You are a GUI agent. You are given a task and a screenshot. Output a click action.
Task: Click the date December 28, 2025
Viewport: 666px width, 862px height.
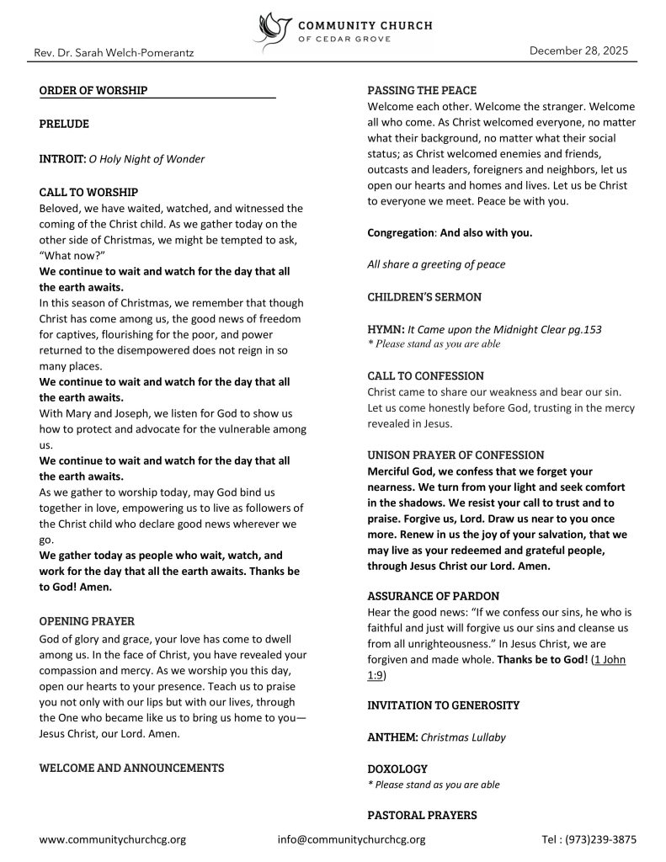click(578, 51)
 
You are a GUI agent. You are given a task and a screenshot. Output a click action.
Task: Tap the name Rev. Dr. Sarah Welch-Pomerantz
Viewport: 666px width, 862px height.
click(114, 53)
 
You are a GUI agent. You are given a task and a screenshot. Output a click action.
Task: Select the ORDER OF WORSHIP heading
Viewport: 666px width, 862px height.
click(93, 90)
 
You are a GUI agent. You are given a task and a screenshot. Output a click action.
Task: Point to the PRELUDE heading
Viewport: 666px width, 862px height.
click(64, 124)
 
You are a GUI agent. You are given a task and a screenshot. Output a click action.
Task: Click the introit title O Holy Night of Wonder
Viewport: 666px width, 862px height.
click(147, 158)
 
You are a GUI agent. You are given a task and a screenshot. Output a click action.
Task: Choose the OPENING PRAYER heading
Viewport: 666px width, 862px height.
click(87, 621)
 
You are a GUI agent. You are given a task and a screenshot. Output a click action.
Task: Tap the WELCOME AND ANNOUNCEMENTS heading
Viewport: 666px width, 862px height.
click(131, 768)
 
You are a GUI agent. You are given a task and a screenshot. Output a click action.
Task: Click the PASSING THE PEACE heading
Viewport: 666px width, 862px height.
click(422, 90)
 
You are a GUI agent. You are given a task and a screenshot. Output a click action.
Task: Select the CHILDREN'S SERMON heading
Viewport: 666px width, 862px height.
click(424, 297)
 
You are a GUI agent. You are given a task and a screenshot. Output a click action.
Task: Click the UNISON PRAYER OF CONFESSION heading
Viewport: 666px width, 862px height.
click(456, 455)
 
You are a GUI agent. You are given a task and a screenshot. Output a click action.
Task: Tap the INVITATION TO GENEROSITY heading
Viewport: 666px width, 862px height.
click(444, 705)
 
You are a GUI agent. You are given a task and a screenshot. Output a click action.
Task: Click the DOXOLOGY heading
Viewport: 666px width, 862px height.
click(397, 769)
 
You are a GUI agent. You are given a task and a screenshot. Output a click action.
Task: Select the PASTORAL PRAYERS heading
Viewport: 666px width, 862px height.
click(422, 815)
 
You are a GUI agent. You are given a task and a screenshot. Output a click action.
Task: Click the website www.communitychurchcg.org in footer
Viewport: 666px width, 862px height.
click(113, 839)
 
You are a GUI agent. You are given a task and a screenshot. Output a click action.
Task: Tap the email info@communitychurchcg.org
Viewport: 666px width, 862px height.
click(351, 839)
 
